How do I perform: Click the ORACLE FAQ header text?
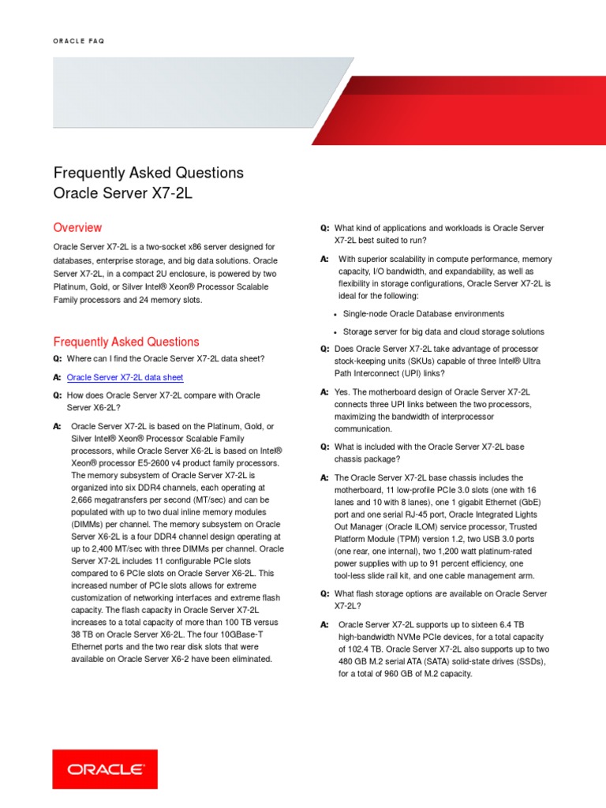click(x=78, y=41)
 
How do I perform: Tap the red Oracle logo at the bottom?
click(x=105, y=769)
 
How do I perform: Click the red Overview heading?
click(x=77, y=227)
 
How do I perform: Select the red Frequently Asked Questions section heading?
click(x=126, y=342)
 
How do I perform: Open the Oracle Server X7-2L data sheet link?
click(x=125, y=378)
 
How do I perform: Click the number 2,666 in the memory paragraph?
click(x=84, y=500)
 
